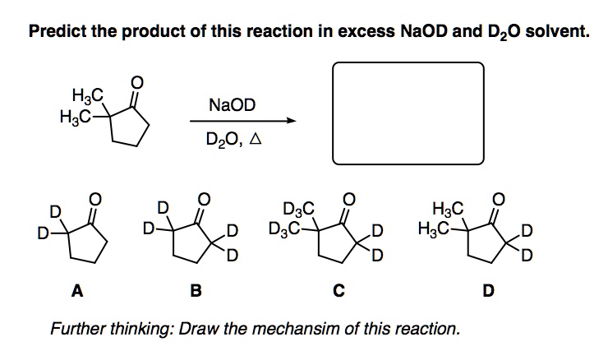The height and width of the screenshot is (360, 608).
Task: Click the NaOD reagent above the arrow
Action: click(x=233, y=106)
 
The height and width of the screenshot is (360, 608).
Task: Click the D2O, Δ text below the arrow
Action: click(x=233, y=141)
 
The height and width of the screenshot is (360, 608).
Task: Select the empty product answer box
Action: click(x=408, y=113)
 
